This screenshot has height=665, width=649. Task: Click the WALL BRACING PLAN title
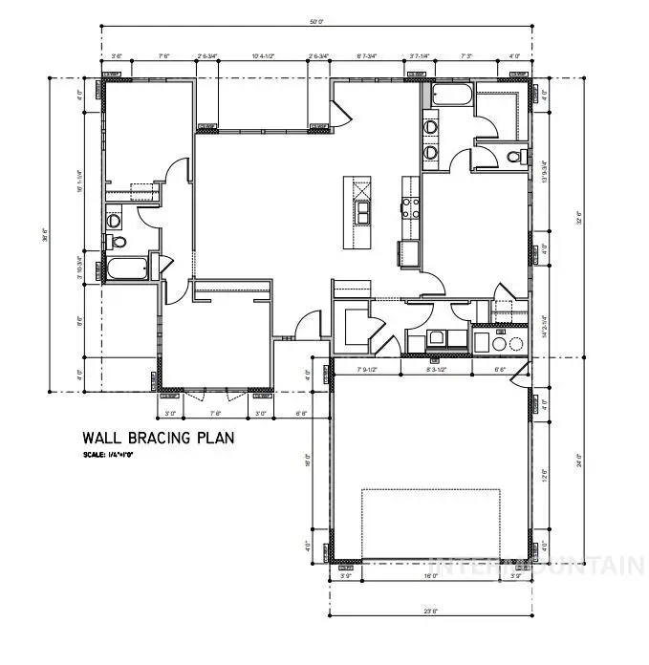pos(159,438)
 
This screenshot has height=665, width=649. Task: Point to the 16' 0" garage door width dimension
pos(431,576)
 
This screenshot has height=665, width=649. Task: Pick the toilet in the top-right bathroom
pos(515,157)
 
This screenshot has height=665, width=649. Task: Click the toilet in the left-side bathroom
pos(113,221)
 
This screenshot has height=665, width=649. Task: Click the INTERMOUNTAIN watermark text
pos(535,564)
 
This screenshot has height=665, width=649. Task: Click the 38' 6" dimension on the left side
pos(44,234)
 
